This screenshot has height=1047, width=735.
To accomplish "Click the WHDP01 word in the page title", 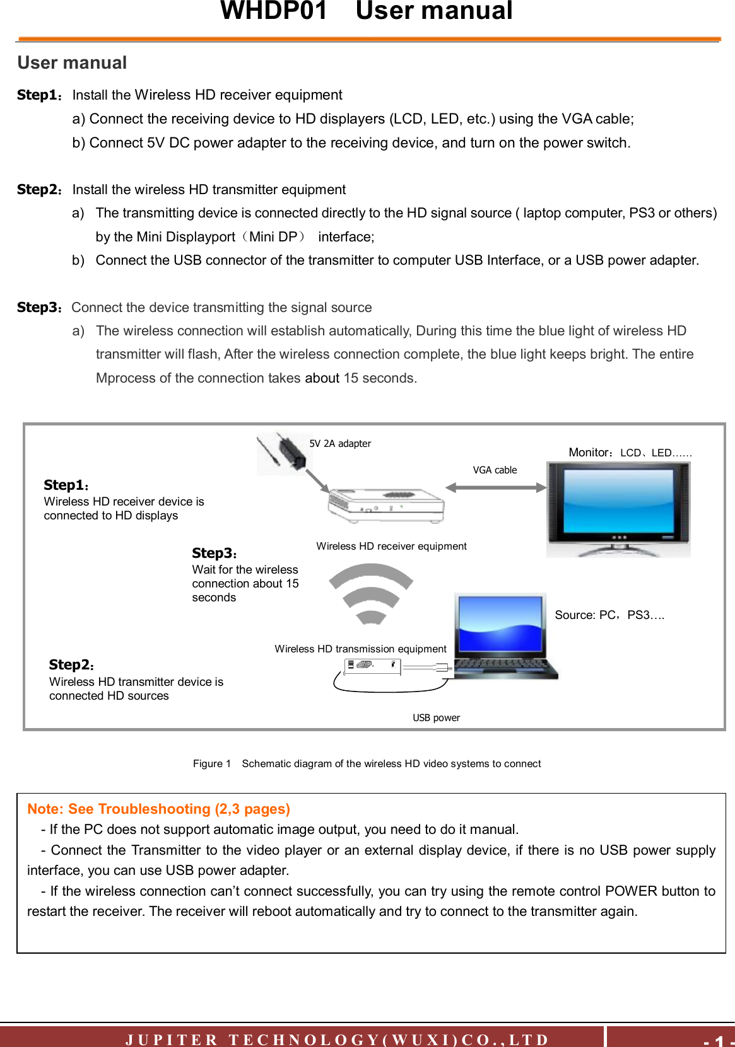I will [x=274, y=11].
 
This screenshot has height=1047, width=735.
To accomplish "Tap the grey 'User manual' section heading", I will [x=72, y=63].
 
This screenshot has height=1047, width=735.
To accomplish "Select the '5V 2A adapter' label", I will [x=340, y=444].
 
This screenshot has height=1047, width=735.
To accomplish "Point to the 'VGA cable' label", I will [x=495, y=470].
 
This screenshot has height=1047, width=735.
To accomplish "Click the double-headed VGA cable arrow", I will [x=495, y=487].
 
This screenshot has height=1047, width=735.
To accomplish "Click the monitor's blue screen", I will [x=618, y=501].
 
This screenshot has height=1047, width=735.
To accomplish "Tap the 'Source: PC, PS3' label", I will [x=609, y=615].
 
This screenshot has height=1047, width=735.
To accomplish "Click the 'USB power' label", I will [x=436, y=718].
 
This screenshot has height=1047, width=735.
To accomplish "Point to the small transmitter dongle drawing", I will [x=373, y=666].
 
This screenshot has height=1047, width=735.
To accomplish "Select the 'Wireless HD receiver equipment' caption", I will [x=391, y=547].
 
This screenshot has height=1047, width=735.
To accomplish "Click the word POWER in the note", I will [x=631, y=891].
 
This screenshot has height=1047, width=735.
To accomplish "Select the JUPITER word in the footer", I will [x=172, y=1039].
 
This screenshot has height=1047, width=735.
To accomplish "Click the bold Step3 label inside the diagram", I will [x=212, y=553].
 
